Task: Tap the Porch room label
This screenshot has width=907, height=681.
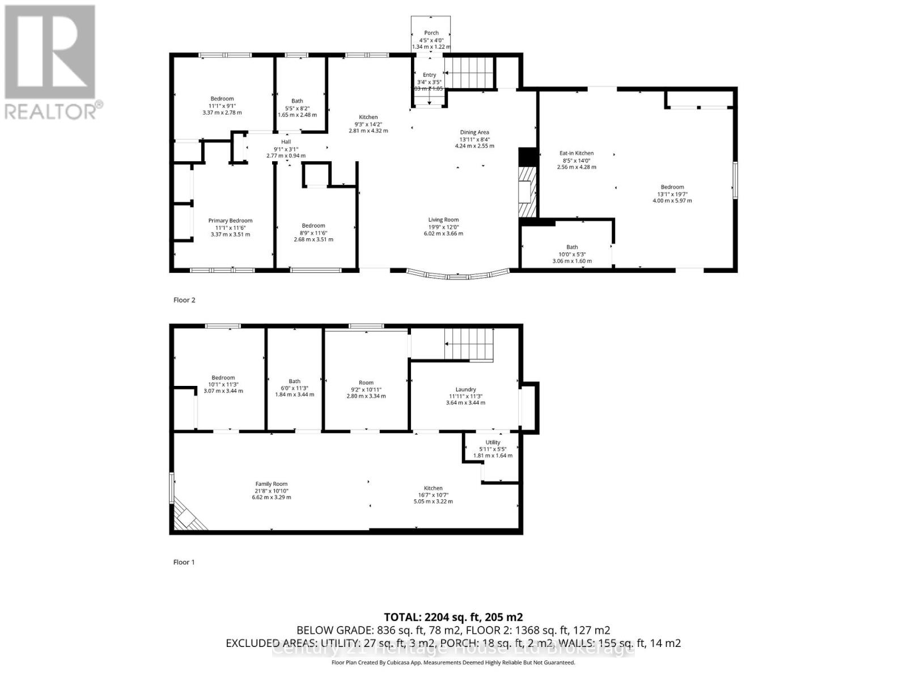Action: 431,33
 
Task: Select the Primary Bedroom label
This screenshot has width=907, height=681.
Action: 230,221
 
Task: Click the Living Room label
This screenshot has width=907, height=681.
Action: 443,220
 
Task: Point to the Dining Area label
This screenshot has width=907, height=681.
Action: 474,132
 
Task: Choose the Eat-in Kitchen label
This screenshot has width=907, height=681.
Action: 577,153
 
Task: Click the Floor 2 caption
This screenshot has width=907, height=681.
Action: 184,300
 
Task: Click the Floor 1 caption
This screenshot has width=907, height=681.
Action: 184,562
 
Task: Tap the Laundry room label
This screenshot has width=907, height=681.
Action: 465,389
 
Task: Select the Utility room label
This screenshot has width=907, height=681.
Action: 493,442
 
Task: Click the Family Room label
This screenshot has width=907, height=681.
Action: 272,484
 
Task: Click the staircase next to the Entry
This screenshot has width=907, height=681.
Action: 469,72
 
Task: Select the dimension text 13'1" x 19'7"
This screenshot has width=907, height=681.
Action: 672,194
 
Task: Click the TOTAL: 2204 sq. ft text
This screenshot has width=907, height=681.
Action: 453,617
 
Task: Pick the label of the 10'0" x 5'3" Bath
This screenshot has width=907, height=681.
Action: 572,247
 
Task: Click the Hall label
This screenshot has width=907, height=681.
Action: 286,142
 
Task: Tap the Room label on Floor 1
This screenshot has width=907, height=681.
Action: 366,382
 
